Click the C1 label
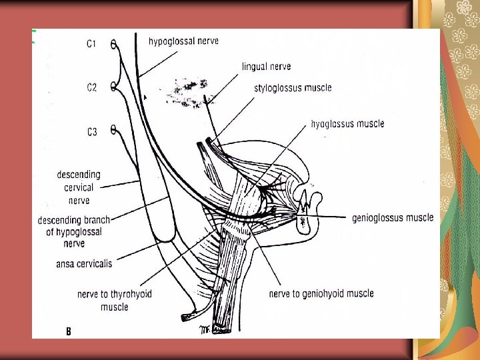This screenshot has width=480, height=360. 91,44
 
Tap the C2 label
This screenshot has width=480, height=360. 92,87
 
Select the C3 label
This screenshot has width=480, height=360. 92,132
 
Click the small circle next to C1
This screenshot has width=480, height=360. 114,44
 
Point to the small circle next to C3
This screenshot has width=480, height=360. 113,131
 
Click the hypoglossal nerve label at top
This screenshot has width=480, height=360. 183,41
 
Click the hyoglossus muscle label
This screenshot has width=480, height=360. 347,123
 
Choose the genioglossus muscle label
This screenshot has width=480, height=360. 392,217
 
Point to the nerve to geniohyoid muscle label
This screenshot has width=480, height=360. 321,293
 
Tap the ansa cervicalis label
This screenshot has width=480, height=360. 84,264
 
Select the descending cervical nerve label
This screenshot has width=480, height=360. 79,187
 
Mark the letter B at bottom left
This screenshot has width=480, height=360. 69,331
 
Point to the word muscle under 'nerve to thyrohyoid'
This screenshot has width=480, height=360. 114,307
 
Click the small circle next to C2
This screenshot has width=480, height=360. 114,87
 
